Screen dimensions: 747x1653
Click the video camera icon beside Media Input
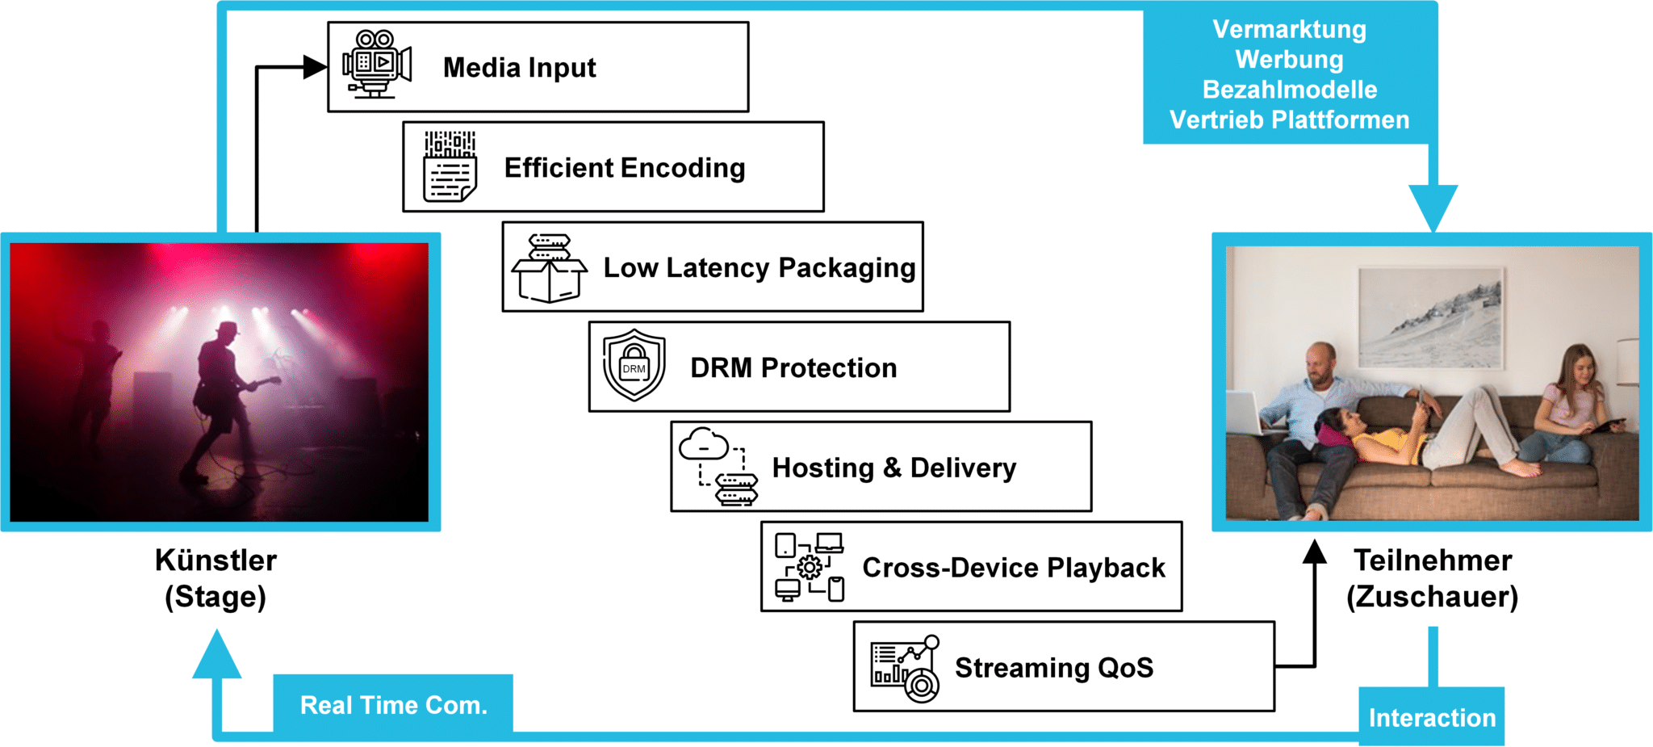[x=376, y=65]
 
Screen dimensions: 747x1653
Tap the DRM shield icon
[x=634, y=365]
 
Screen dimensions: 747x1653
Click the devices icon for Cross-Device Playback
[x=810, y=567]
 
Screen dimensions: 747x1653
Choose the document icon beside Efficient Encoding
[x=450, y=166]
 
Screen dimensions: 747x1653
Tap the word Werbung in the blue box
[x=1289, y=60]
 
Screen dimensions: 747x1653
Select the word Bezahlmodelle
[x=1289, y=90]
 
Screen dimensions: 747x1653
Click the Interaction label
[x=1432, y=717]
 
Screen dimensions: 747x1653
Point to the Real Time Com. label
[x=394, y=705]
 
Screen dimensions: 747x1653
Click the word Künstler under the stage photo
[x=216, y=560]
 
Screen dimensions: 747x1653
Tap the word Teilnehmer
[x=1433, y=560]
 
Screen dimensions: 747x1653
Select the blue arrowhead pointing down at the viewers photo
[x=1433, y=206]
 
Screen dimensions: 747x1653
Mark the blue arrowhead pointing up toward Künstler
[x=216, y=656]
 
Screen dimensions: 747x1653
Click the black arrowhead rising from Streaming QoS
[x=1315, y=552]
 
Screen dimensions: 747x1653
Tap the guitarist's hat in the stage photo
[x=228, y=329]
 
